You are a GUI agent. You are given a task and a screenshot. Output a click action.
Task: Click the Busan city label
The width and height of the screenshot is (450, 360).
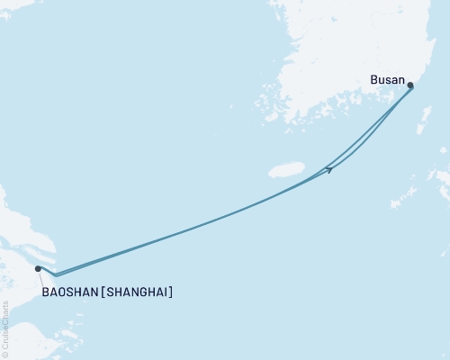(x=387, y=79)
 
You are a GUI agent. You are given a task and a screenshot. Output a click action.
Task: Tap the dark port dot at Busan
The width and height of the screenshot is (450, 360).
(x=410, y=86)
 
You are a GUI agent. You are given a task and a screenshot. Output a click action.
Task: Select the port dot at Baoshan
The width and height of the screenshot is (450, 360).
(x=38, y=268)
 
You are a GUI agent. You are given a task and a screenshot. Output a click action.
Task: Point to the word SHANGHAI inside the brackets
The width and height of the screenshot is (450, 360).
(x=138, y=292)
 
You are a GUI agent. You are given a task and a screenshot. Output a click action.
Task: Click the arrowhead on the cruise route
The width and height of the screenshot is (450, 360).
(x=329, y=168)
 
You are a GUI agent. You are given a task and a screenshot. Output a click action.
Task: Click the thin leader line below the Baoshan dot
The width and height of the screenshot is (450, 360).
(x=40, y=278)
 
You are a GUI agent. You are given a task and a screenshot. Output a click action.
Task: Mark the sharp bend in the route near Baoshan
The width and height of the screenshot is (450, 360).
(x=56, y=274)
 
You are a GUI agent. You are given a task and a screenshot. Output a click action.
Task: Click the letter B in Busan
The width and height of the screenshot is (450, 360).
(x=373, y=79)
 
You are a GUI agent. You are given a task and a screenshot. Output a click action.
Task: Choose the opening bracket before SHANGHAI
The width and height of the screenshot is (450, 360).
(x=104, y=292)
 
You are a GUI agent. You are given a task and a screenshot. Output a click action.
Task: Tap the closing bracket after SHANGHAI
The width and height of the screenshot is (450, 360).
(x=171, y=292)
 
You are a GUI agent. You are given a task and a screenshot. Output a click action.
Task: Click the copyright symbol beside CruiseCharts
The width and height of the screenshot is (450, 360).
(x=6, y=354)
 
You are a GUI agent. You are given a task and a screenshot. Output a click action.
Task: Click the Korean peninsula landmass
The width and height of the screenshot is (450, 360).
(x=342, y=45)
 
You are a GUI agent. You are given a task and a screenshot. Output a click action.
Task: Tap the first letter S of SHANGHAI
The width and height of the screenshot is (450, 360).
(x=111, y=292)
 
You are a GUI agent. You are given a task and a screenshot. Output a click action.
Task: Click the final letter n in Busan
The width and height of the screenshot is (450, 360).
(x=401, y=79)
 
